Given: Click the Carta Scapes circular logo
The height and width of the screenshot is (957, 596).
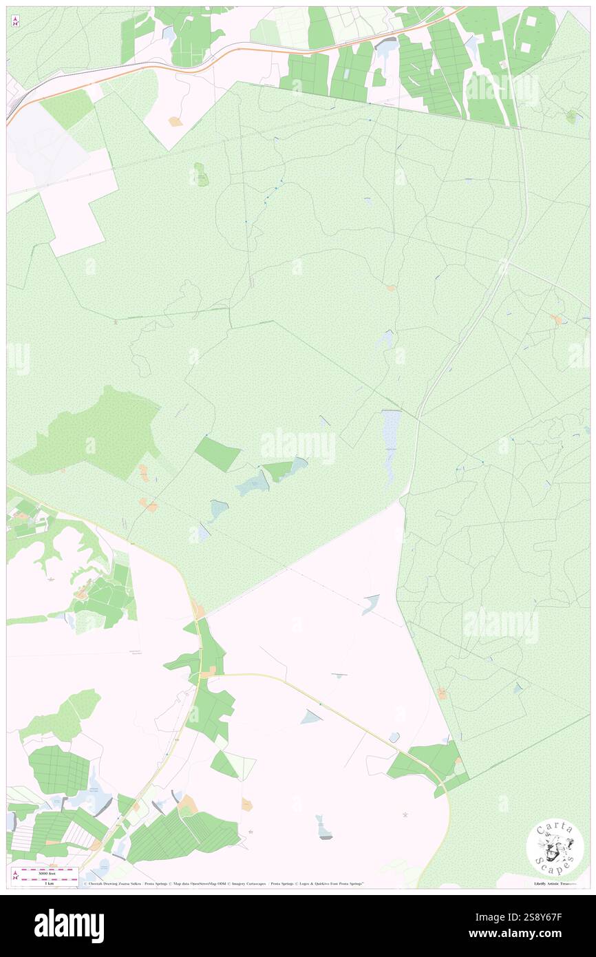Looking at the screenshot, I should tap(555, 848).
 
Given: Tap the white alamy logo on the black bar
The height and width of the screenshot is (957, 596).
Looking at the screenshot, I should tap(69, 925).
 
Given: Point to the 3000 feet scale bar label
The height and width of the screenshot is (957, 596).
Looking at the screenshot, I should tap(45, 870).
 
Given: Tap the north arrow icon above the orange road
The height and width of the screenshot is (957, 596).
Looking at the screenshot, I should tap(15, 22).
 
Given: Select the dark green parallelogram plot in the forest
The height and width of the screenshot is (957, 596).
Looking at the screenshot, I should tap(217, 454).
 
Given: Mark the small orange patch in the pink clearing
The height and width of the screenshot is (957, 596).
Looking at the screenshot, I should tap(175, 121).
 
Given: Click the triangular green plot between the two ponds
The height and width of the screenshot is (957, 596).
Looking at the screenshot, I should tap(278, 471).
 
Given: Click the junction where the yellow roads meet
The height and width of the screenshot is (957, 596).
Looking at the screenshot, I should tap(203, 675).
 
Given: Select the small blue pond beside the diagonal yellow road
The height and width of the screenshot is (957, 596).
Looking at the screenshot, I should tap(310, 717).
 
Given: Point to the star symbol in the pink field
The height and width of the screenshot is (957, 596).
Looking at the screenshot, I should tap(405, 815).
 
